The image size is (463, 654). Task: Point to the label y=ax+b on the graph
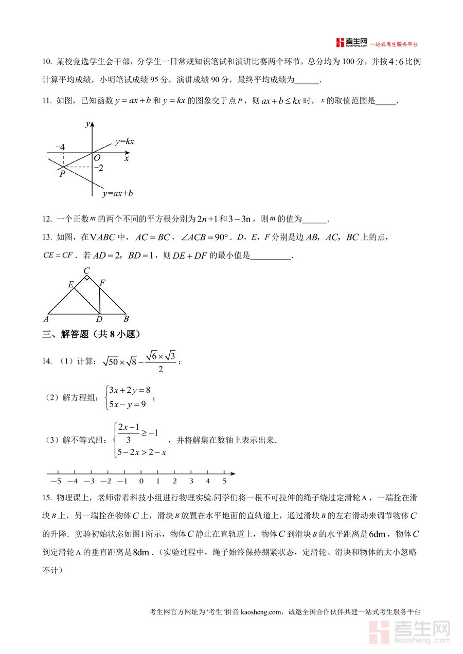point(118,193)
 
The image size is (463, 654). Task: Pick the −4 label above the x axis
point(60,147)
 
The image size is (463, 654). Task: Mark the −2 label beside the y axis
point(99,168)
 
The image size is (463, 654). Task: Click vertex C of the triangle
point(86,271)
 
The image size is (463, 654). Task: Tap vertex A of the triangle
point(46,318)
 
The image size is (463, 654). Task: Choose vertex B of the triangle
point(126,318)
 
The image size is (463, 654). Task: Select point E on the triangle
point(71,284)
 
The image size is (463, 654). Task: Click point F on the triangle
point(102,282)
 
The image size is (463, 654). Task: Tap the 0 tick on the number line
point(141,481)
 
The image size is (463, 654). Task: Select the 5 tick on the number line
point(224,481)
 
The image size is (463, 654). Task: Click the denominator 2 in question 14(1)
point(161,369)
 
